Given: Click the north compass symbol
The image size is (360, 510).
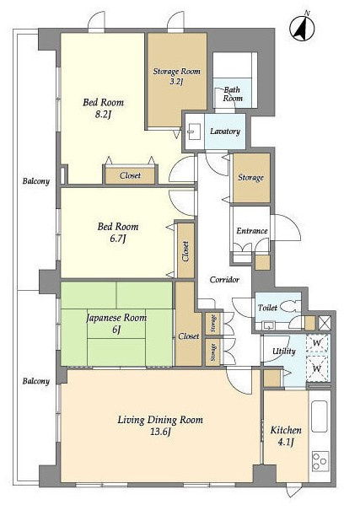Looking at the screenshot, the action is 302,28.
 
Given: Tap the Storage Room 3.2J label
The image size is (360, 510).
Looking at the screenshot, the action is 176,76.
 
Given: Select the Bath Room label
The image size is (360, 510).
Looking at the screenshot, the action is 233,94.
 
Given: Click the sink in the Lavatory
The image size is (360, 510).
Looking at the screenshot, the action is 194,132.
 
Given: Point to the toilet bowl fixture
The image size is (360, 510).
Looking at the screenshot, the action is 287,306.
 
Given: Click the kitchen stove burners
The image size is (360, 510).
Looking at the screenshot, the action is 320,461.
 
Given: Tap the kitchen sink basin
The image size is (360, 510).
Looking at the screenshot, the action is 320,416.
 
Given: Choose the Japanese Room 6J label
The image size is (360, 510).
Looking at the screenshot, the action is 116,323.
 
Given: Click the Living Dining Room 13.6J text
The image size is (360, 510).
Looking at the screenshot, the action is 160,425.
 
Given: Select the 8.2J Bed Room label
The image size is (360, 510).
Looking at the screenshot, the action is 104,108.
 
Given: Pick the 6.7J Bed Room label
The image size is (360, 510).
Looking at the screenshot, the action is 118,232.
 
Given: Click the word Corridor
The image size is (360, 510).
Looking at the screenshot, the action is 224,279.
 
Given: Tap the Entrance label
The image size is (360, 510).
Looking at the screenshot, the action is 252,231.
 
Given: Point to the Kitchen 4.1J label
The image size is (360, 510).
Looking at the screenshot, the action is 286,436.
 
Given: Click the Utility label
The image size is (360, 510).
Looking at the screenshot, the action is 284,351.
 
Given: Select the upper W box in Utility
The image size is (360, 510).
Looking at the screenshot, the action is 317,342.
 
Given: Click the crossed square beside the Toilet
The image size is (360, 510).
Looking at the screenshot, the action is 325,323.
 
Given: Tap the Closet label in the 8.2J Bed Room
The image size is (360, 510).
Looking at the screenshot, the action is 130,175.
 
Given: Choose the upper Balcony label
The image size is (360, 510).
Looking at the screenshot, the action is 35,181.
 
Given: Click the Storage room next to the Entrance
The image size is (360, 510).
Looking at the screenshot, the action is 251,178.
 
